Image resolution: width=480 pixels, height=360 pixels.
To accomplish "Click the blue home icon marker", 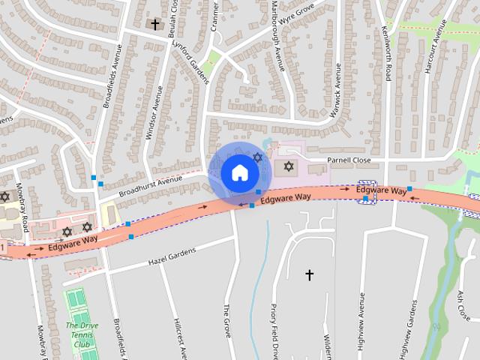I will click(239, 172).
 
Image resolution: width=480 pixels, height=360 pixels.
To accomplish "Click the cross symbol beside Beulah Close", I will click(155, 25).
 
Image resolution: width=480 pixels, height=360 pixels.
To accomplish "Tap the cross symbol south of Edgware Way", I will click(309, 275).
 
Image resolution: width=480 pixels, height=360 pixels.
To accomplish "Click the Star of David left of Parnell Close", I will click(289, 165).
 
